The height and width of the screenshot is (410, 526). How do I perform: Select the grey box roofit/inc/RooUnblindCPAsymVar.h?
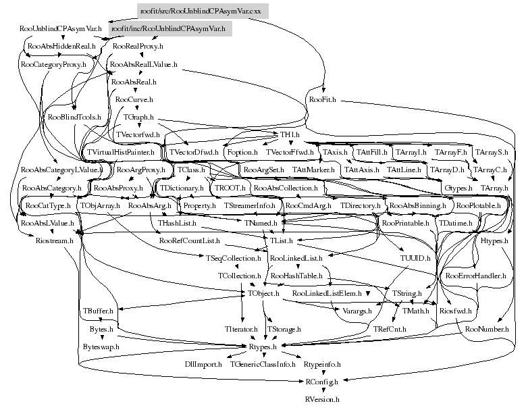(168, 30)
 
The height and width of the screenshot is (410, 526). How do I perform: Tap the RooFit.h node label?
(322, 99)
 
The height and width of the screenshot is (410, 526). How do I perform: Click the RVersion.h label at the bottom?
(321, 399)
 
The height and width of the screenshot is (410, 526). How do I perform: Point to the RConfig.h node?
(321, 382)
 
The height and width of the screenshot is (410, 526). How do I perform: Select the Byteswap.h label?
(101, 346)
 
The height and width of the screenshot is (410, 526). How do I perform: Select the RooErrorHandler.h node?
(471, 276)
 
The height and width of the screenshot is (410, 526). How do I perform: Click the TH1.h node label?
(290, 135)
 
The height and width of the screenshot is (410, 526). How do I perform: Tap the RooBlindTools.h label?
(75, 117)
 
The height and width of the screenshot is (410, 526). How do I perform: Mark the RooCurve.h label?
(134, 99)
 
